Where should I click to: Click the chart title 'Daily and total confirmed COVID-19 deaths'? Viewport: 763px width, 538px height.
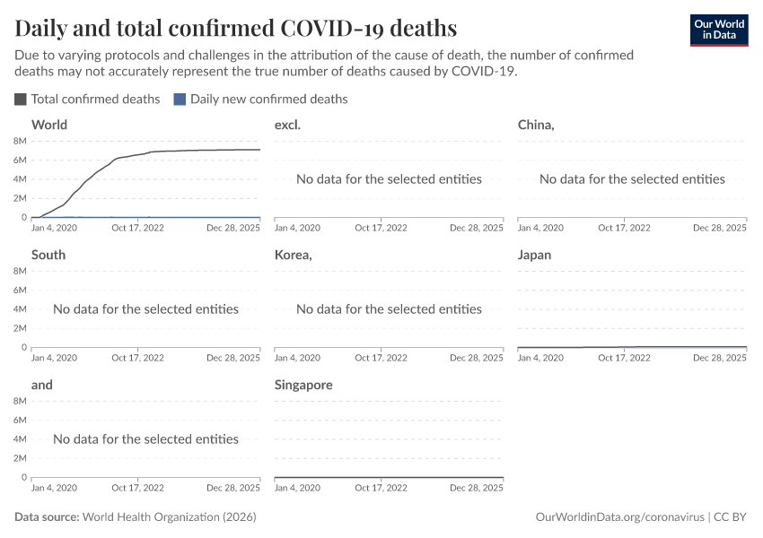point(235,28)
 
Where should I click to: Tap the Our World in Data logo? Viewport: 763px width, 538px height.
point(719,30)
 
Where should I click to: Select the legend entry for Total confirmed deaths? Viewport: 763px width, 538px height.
point(87,99)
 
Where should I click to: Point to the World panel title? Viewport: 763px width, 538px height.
point(49,125)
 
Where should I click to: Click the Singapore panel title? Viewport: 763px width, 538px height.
point(303,385)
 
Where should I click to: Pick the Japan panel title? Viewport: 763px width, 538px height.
point(534,255)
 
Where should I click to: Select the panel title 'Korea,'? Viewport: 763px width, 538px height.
point(294,255)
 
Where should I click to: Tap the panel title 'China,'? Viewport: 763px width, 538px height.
point(536,125)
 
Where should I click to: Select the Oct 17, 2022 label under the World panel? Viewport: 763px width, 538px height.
point(137,229)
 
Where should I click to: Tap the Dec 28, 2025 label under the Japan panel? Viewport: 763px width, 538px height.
point(720,359)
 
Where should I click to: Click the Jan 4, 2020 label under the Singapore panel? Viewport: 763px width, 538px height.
point(297,489)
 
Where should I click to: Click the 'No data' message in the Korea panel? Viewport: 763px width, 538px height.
point(389,309)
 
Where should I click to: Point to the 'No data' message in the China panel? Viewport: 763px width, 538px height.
point(632,179)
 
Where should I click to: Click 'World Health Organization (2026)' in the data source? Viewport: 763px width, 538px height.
point(170,517)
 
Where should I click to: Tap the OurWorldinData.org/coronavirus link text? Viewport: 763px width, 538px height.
point(618,517)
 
